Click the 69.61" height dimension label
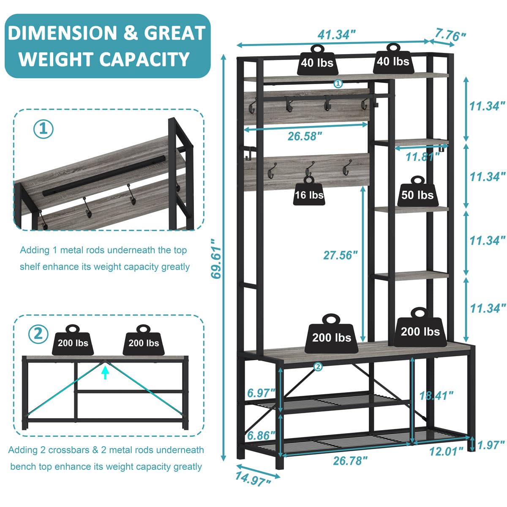click(216, 259)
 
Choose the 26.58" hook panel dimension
click(305, 136)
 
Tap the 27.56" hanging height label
click(341, 255)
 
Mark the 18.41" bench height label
click(436, 395)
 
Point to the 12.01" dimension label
click(443, 451)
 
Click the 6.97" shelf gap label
click(261, 393)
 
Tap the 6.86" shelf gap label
click(261, 435)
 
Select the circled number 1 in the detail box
click(44, 129)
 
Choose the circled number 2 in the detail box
click(38, 334)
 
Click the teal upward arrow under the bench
click(105, 372)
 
